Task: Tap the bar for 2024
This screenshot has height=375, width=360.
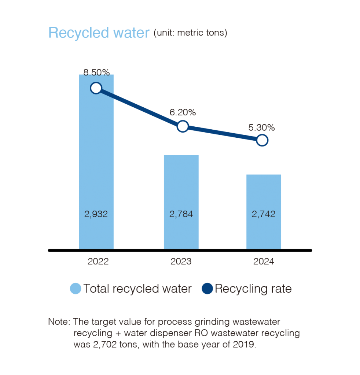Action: (x=264, y=194)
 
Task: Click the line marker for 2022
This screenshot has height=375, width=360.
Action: (x=96, y=88)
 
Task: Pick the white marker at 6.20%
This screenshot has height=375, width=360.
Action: (x=183, y=127)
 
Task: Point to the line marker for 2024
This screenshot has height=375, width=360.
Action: (x=262, y=140)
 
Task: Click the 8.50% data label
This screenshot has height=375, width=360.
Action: (x=97, y=72)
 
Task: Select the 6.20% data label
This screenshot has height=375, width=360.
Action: (x=183, y=113)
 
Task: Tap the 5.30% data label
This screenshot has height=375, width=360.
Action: (x=262, y=127)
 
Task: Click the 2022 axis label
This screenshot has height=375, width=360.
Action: (x=98, y=262)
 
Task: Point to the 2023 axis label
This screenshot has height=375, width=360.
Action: (x=181, y=262)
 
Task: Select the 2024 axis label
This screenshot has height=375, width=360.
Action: (x=264, y=262)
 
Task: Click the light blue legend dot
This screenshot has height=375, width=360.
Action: (x=76, y=289)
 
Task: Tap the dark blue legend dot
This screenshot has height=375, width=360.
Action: (x=207, y=289)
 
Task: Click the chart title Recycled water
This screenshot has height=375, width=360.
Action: (x=99, y=33)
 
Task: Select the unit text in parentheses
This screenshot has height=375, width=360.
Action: (x=191, y=33)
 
